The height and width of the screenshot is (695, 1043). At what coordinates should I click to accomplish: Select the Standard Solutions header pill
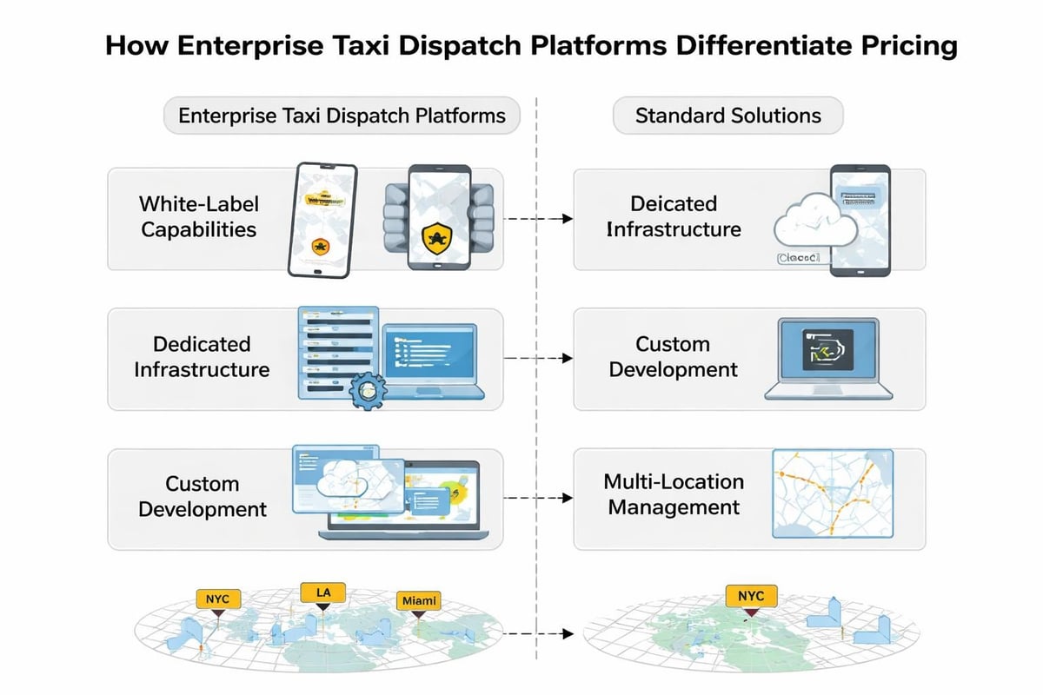[727, 116]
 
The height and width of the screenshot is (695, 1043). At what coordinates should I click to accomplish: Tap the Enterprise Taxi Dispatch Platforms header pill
[342, 116]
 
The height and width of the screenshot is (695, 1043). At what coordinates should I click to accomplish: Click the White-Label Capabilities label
[199, 217]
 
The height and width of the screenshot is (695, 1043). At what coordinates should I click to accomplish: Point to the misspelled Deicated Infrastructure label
[674, 217]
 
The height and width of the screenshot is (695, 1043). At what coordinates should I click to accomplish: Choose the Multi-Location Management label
[674, 494]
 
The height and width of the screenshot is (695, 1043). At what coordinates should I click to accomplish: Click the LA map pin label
[322, 592]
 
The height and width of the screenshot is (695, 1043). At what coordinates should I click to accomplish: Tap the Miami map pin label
[419, 599]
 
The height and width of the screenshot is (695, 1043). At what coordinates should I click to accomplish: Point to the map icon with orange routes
[832, 493]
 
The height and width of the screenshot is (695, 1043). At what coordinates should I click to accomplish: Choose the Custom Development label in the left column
[203, 496]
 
